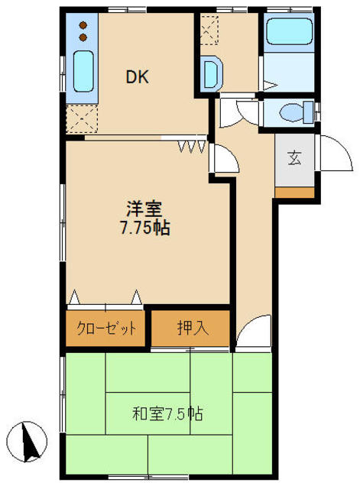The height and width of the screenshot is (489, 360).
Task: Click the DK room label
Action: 138,76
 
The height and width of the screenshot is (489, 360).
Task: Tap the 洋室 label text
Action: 144,209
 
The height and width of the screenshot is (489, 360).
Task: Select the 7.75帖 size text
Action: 144,228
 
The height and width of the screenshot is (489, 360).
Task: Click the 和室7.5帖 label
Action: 167,414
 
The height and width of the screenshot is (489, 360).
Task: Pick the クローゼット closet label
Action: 106,328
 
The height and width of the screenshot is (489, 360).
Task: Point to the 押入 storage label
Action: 193,328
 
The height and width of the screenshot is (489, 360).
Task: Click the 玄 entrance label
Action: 294,158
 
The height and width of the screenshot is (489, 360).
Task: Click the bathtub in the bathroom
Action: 290,31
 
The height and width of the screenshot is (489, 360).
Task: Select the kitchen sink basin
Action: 83,71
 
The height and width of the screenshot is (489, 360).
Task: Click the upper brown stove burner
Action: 83,25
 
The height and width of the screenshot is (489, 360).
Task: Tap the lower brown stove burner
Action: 83,37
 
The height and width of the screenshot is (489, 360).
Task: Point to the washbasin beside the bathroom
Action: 212,74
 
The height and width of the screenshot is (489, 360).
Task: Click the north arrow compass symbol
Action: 28,442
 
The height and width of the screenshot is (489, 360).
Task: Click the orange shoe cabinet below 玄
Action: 294,193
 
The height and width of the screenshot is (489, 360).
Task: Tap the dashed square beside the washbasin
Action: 209,31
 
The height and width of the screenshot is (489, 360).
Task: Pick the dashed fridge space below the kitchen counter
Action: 82,119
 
